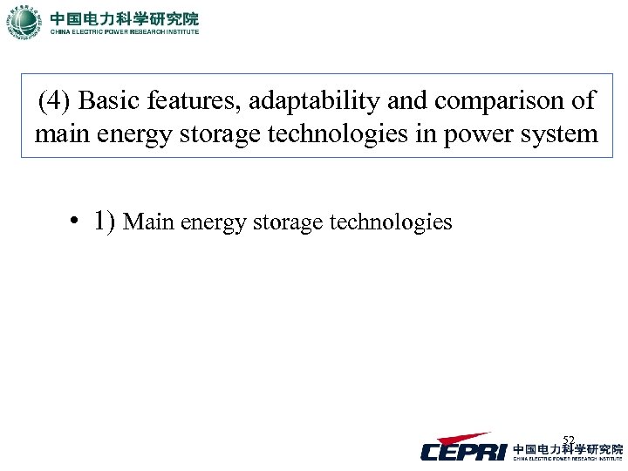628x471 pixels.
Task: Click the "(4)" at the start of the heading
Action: pyautogui.click(x=55, y=101)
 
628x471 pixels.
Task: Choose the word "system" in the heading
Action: pyautogui.click(x=561, y=136)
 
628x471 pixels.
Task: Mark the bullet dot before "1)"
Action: pyautogui.click(x=78, y=222)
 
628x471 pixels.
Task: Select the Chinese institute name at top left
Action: pyautogui.click(x=124, y=17)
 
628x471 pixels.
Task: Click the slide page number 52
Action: pyautogui.click(x=569, y=440)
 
